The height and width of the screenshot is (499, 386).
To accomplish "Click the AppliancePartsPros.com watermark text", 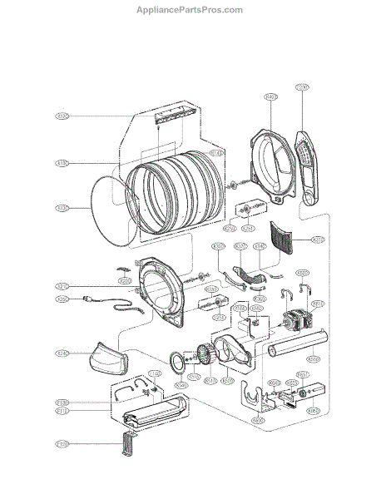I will click(190, 10).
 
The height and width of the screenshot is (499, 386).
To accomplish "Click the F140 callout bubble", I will click(130, 373).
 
